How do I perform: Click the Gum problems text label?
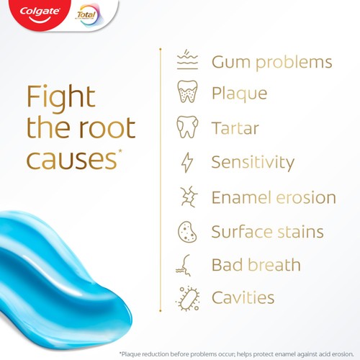[271, 62]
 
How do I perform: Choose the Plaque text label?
[239, 94]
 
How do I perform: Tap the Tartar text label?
[235, 128]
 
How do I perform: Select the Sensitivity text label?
[253, 163]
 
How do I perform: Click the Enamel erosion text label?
[274, 197]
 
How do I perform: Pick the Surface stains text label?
[267, 232]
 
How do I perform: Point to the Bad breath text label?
[256, 264]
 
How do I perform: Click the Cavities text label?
[243, 297]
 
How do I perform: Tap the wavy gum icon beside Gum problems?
[187, 61]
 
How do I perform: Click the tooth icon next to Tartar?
[186, 128]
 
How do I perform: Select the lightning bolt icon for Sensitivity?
[187, 163]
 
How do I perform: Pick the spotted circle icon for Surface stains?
[187, 232]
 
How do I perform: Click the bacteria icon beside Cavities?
[187, 297]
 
